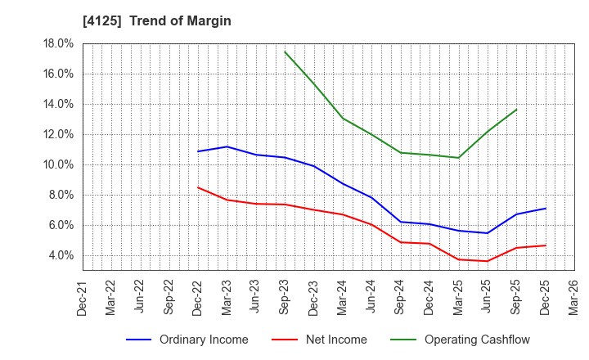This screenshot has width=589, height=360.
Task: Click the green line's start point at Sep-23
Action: (x=285, y=52)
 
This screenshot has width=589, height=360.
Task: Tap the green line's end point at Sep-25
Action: (x=516, y=110)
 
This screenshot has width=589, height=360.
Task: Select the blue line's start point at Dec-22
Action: (x=198, y=151)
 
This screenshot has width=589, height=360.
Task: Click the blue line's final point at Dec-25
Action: (x=545, y=209)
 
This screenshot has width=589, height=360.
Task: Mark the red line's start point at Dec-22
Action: (x=198, y=187)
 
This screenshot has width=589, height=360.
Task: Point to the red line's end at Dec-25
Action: (x=545, y=245)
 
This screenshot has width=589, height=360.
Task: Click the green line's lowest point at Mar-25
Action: (x=458, y=158)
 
